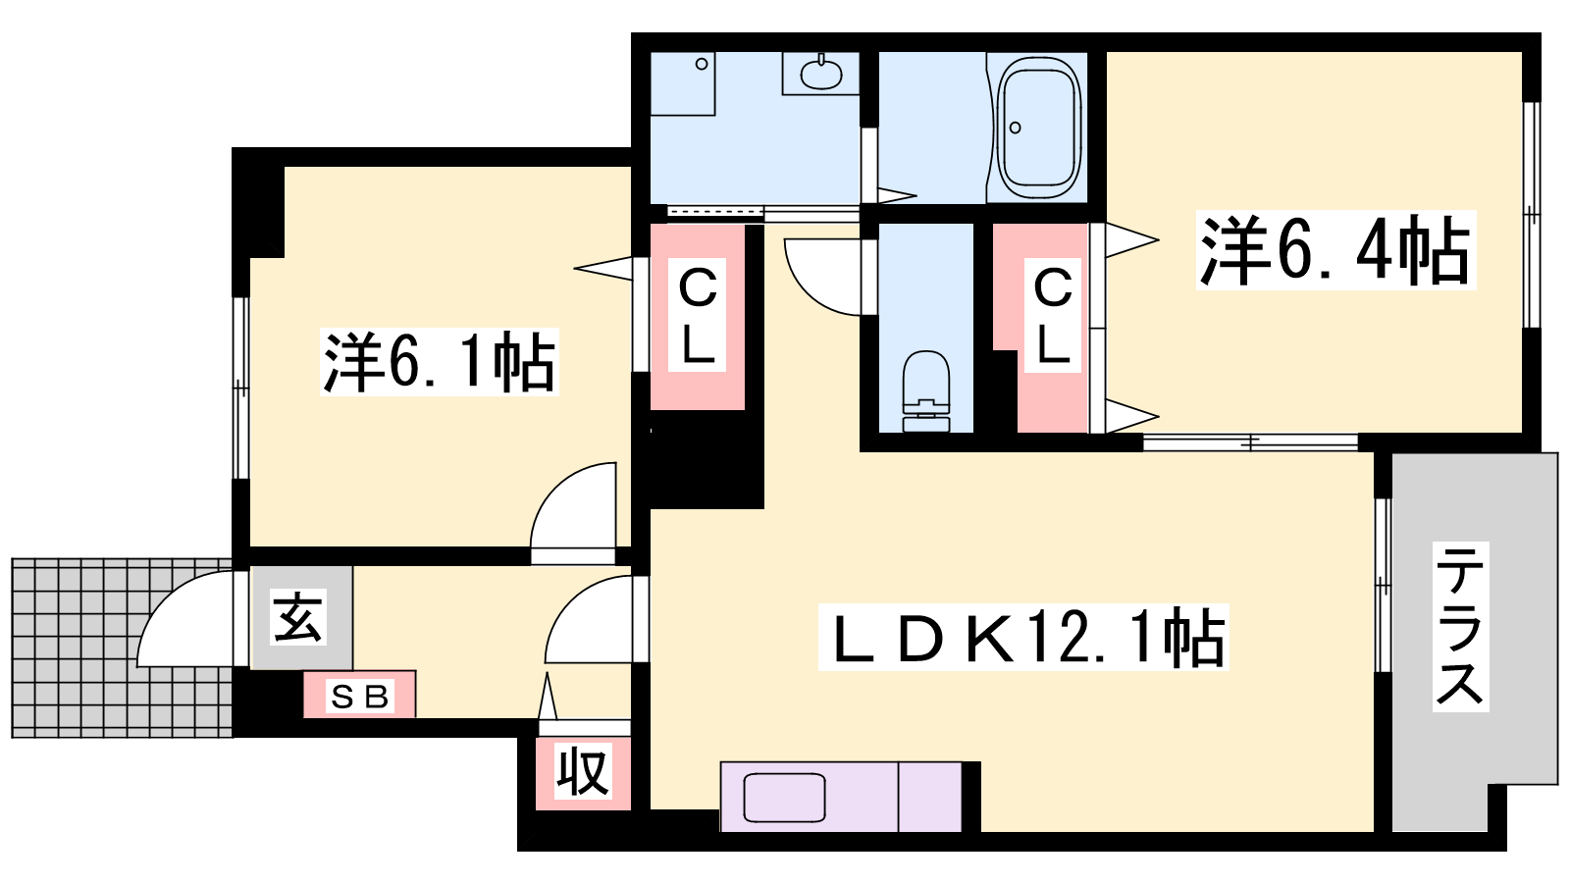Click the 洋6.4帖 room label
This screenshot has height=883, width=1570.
tap(1335, 251)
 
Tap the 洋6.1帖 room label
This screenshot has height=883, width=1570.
tap(440, 362)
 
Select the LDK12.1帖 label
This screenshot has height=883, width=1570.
tap(1024, 637)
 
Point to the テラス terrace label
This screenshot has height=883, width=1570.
tap(1460, 626)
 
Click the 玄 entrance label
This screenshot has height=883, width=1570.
tap(298, 616)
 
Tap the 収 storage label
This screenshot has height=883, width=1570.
tap(583, 771)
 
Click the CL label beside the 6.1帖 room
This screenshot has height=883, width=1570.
tap(698, 316)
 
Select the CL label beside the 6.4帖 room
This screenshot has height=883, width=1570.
tap(1052, 316)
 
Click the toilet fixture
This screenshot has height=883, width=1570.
tap(926, 391)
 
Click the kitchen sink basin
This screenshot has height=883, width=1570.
tap(784, 798)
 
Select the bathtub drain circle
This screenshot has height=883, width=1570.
tap(1015, 128)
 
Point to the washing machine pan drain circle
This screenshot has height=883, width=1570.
tap(702, 65)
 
